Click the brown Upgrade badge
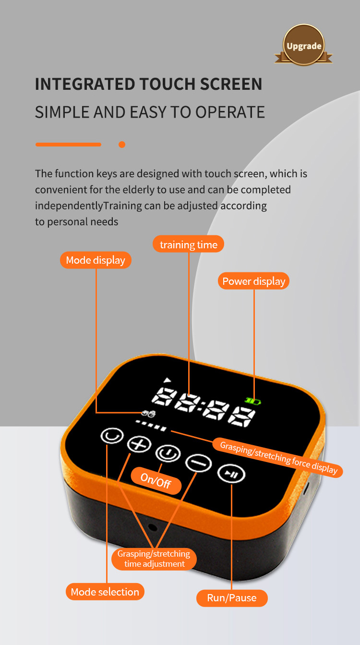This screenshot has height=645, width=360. tap(303, 45)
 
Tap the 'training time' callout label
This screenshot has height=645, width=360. tap(188, 244)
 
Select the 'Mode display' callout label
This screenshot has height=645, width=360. tap(96, 260)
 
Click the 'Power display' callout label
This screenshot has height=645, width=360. tap(253, 281)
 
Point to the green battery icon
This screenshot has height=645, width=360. tap(252, 401)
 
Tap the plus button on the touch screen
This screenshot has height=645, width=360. tap(139, 444)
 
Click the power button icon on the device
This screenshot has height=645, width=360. tap(168, 453)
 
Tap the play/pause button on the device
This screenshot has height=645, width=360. tap(231, 474)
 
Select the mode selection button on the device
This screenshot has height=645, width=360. tap(112, 436)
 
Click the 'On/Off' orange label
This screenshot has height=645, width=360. tap(156, 481)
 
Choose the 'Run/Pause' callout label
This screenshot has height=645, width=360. tap(232, 598)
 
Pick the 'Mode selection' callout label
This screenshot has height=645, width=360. tap(105, 592)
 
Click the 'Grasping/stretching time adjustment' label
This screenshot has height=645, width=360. tap(154, 559)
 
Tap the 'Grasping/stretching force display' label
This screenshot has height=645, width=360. tap(278, 458)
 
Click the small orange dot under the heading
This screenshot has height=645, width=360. tap(122, 145)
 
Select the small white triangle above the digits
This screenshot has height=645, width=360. tap(167, 380)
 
